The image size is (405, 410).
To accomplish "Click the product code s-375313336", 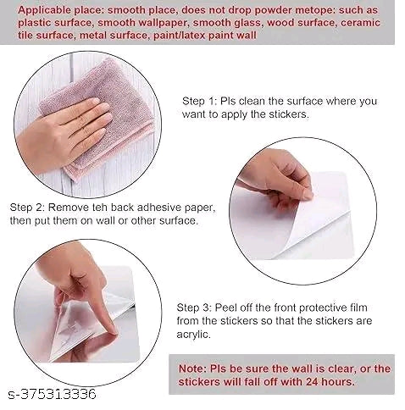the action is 53,394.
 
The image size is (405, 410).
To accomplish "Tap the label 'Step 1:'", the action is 199,101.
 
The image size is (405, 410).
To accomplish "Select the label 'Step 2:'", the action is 27,208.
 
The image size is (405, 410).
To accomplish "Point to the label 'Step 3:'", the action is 194,307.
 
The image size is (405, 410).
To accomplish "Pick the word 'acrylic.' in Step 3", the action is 194,335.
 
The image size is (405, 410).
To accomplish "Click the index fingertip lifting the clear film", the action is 113,330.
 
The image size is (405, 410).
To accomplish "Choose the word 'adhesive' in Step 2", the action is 159,208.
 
